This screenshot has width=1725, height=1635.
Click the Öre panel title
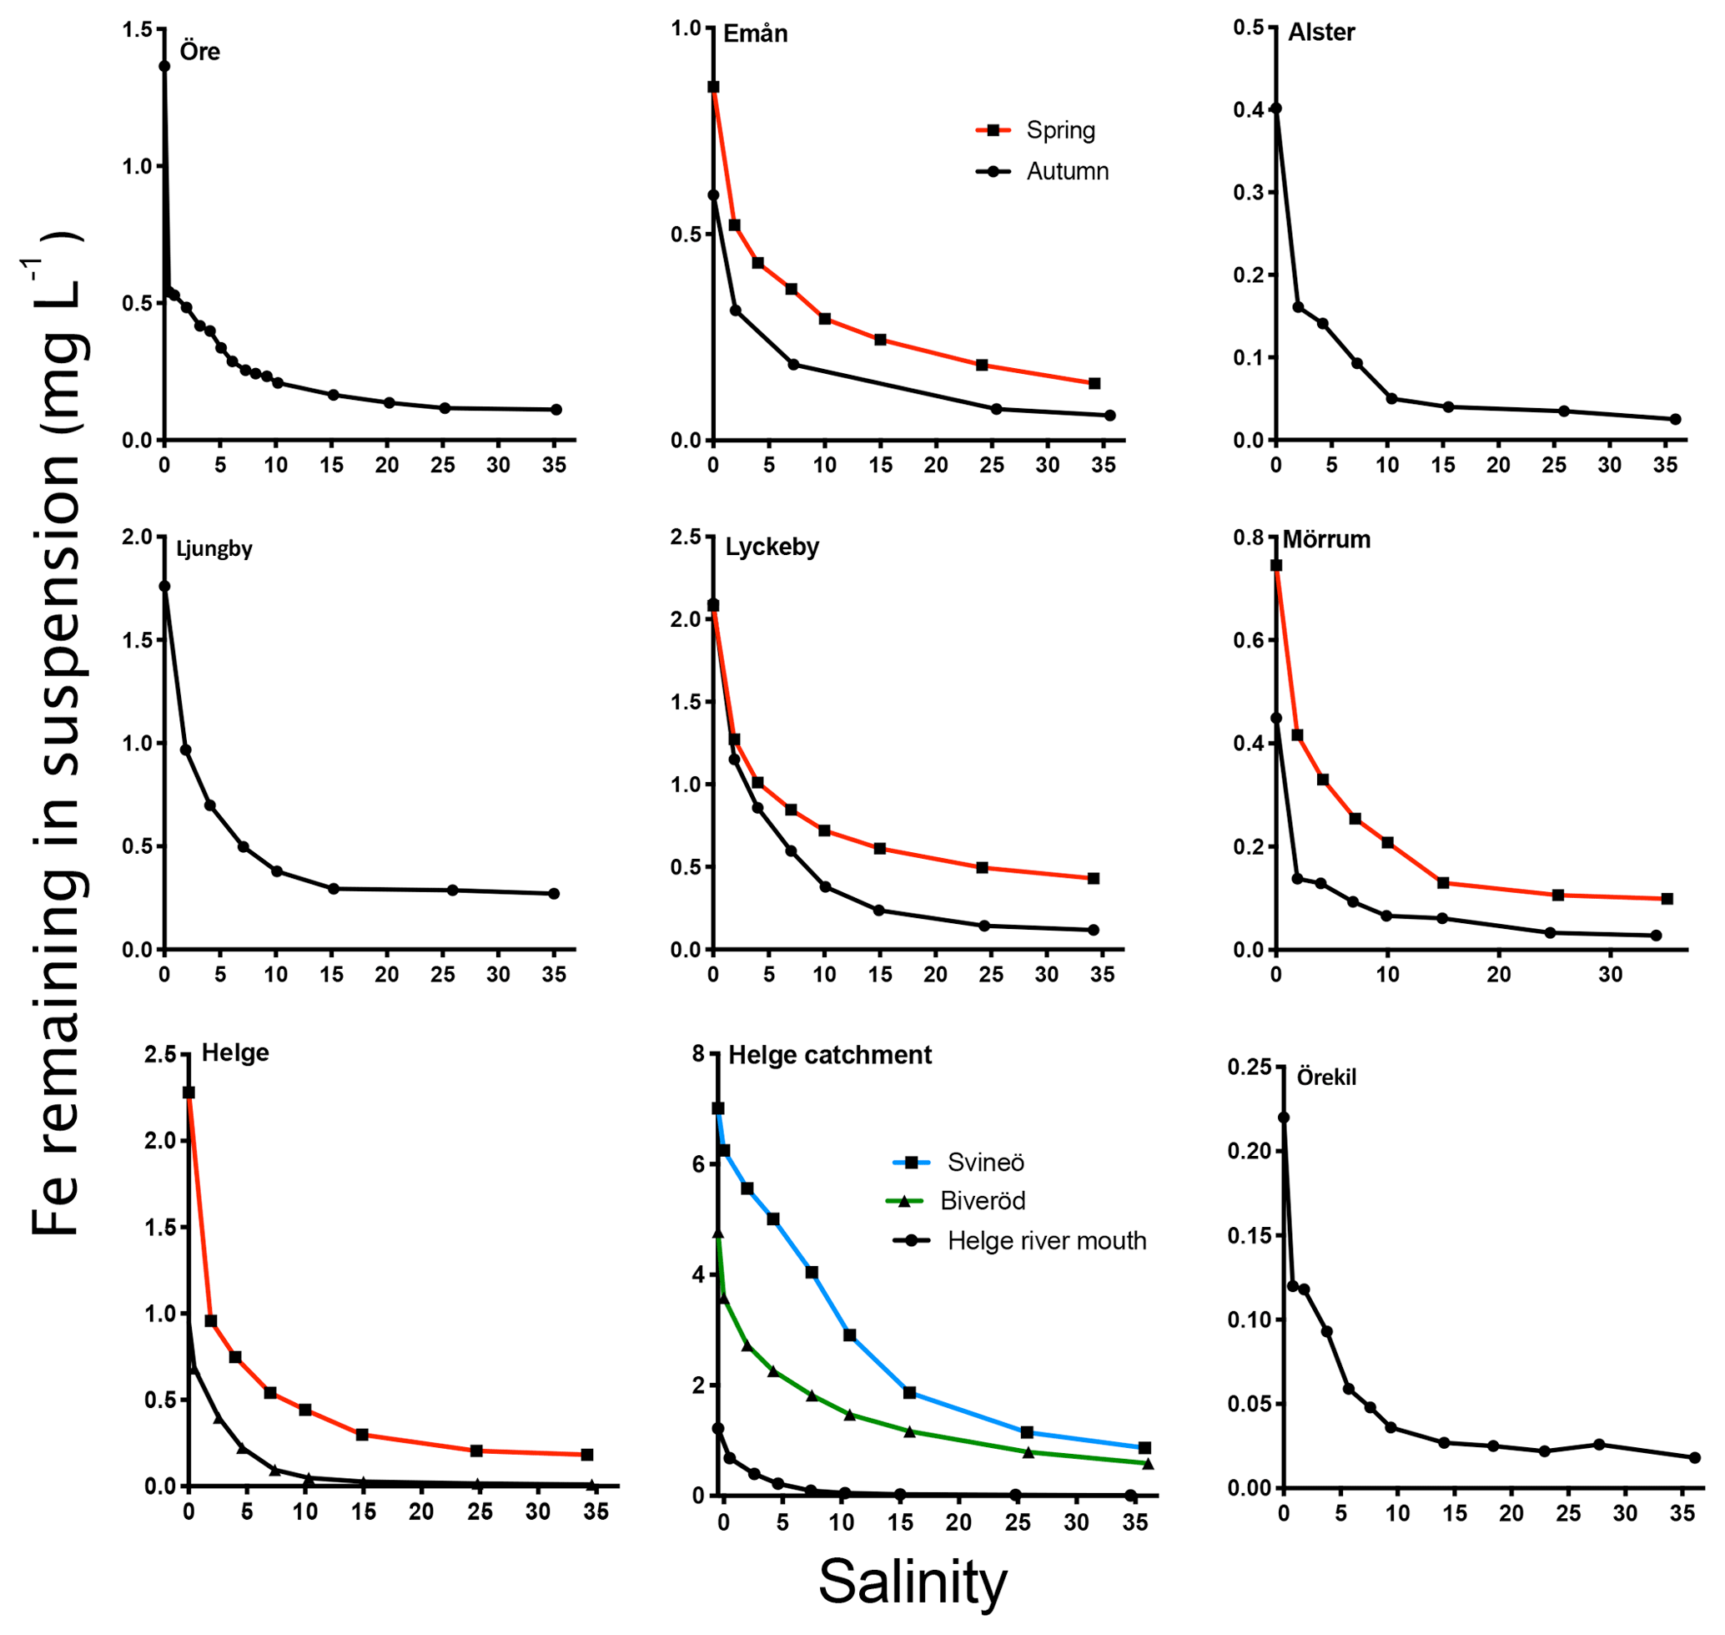point(199,52)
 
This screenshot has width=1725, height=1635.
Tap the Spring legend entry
point(1059,131)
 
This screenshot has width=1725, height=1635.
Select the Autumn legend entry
point(1066,172)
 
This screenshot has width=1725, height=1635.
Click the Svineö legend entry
point(985,1163)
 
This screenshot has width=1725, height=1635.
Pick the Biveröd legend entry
point(982,1202)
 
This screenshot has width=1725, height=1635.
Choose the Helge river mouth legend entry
point(1045,1241)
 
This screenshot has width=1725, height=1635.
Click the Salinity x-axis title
point(913,1582)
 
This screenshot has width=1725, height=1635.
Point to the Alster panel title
point(1320,33)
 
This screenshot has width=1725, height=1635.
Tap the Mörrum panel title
point(1326,539)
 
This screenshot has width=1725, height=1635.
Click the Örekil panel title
point(1326,1077)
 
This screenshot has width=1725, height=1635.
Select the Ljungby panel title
point(214,548)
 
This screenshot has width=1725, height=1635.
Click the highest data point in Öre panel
point(163,66)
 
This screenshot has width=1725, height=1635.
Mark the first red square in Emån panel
point(712,87)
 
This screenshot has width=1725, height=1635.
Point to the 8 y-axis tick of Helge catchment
point(698,1055)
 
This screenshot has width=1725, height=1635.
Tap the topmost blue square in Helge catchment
point(718,1108)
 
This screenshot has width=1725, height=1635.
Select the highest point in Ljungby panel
point(163,587)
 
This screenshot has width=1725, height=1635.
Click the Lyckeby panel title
point(772,548)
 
